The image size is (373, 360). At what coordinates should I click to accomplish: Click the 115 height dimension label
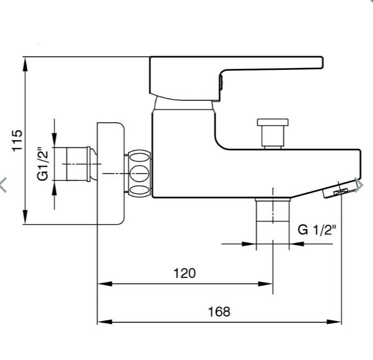[x=17, y=141]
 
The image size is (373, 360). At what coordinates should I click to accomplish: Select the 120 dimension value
[x=185, y=273]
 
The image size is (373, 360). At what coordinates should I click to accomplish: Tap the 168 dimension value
[x=219, y=312]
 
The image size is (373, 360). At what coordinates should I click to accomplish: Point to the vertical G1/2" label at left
[x=43, y=164]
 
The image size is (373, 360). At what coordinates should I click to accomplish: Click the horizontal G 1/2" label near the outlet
[x=317, y=230]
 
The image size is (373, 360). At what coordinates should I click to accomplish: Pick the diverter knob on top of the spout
[x=273, y=133]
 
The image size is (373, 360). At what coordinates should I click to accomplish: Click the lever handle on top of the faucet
[x=235, y=79]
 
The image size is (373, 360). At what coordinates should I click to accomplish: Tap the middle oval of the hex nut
[x=139, y=174]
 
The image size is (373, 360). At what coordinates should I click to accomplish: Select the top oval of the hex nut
[x=139, y=158]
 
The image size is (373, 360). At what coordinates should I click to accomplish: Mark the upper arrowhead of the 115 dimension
[x=25, y=64]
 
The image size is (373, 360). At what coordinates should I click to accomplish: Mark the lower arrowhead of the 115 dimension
[x=25, y=217]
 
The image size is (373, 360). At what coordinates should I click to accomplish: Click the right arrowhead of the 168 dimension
[x=334, y=322]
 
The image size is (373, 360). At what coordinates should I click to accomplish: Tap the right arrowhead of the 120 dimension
[x=265, y=283]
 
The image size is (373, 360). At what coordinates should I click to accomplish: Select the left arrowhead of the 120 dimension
[x=105, y=283]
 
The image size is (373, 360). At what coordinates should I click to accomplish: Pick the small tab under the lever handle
[x=221, y=83]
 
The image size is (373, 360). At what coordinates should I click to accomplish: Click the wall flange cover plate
[x=111, y=173]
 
